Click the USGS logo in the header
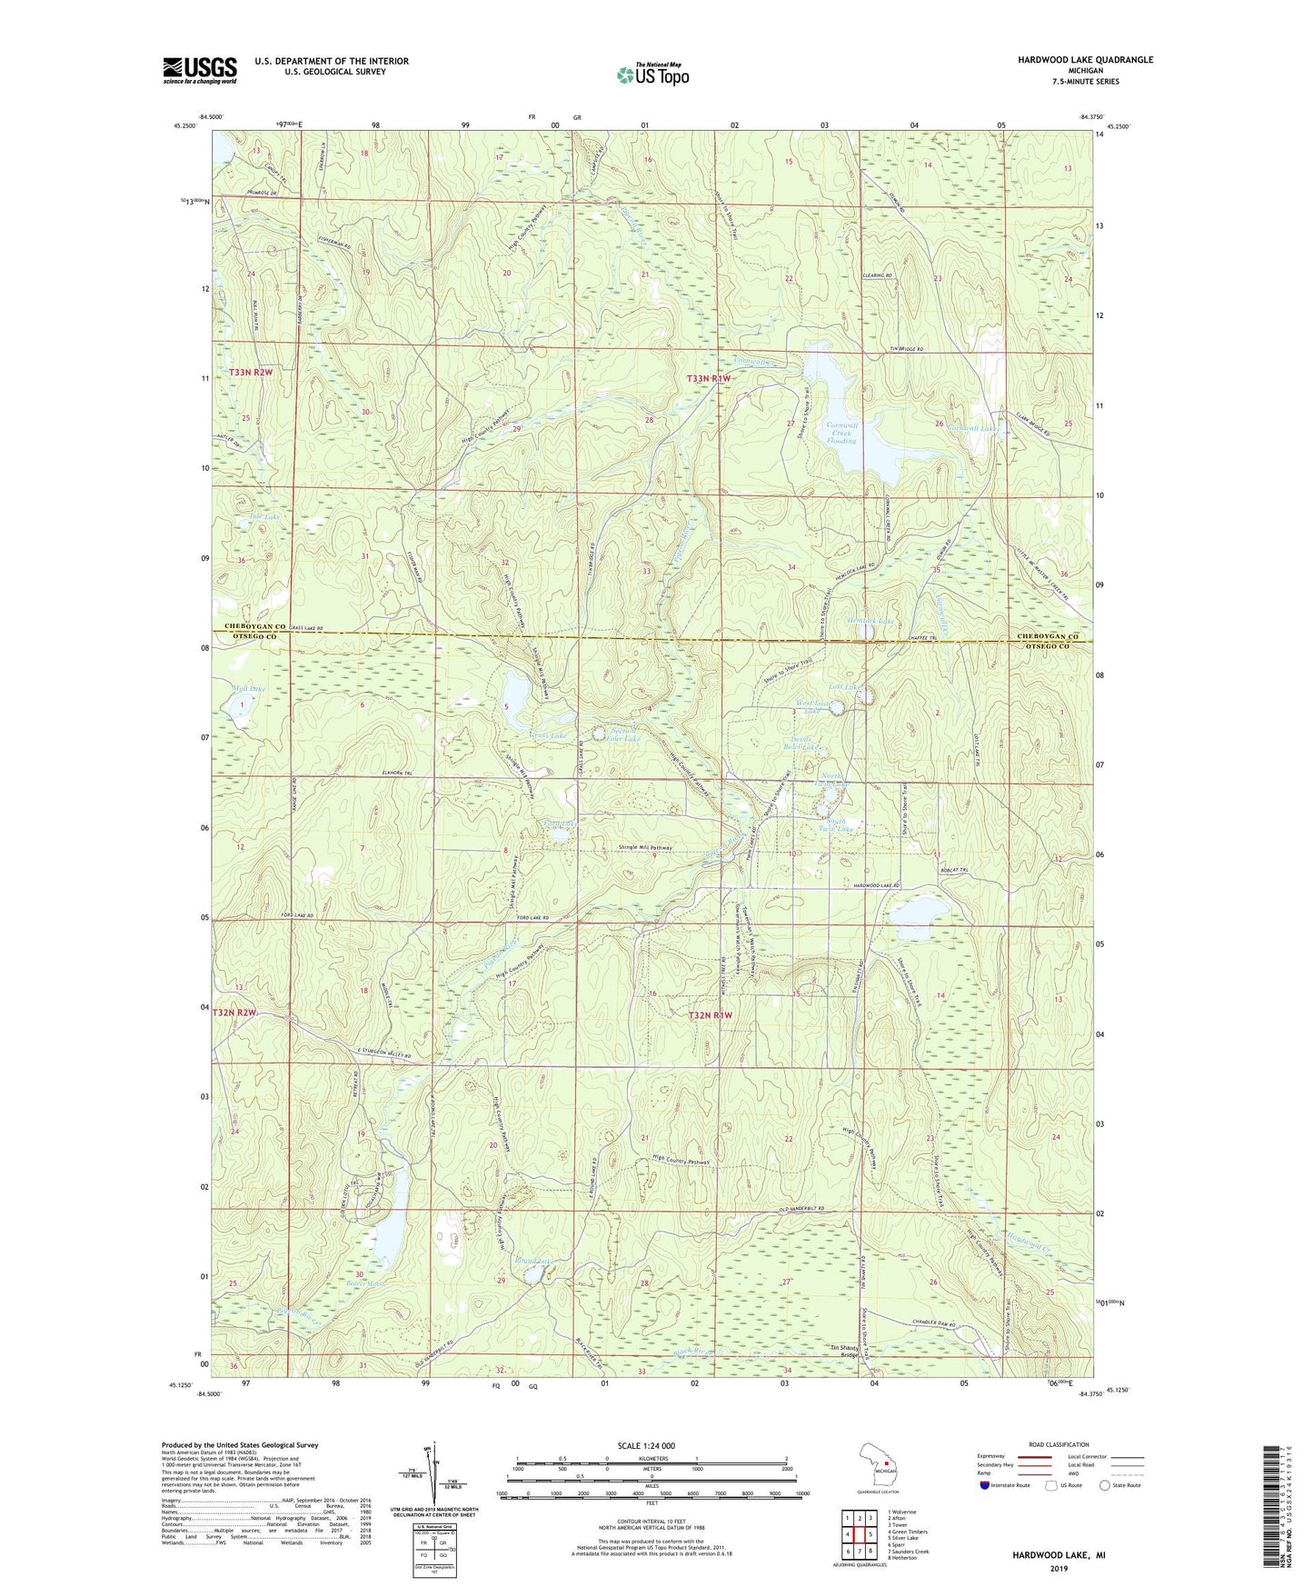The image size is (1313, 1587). pyautogui.click(x=200, y=70)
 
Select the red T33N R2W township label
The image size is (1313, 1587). pyautogui.click(x=252, y=373)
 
